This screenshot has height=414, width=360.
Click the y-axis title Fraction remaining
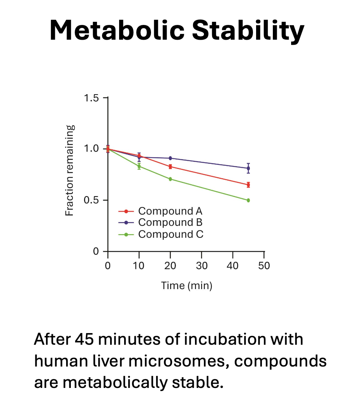70,170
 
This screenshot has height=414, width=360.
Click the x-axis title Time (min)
186,286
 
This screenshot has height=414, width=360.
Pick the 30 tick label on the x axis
201,266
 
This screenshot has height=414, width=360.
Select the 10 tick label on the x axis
139,266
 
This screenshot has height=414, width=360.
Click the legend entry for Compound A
170,211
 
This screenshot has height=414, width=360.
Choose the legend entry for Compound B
170,223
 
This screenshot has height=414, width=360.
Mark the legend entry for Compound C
170,234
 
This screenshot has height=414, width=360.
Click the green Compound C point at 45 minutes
248,200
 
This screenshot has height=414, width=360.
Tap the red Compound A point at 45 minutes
248,185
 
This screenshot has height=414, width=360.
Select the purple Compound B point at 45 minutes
248,168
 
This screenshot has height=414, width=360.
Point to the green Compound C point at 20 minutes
170,179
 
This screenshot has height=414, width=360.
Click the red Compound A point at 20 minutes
170,167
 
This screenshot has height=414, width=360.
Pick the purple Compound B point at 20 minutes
170,158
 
